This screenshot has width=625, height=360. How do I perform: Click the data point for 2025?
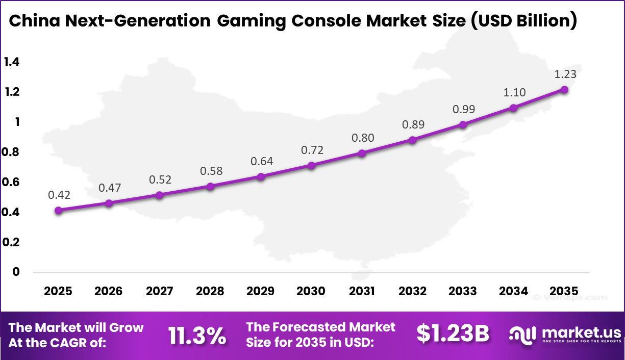tap(58, 210)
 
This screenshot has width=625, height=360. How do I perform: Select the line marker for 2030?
tap(311, 166)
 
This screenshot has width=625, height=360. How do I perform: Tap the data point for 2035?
tap(564, 89)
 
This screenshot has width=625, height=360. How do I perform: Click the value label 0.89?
tap(413, 124)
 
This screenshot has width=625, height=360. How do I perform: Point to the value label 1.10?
tap(514, 92)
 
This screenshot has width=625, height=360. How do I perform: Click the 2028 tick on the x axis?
tap(210, 291)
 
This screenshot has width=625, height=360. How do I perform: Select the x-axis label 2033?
tap(463, 291)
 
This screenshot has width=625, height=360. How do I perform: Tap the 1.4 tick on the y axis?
tap(11, 62)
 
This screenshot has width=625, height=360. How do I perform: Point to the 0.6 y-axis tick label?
tap(11, 182)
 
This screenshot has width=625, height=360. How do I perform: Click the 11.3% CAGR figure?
tap(197, 335)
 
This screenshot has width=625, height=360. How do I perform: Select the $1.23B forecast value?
tap(453, 334)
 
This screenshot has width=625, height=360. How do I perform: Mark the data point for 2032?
tap(413, 140)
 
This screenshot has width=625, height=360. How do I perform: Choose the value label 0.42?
tap(59, 195)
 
